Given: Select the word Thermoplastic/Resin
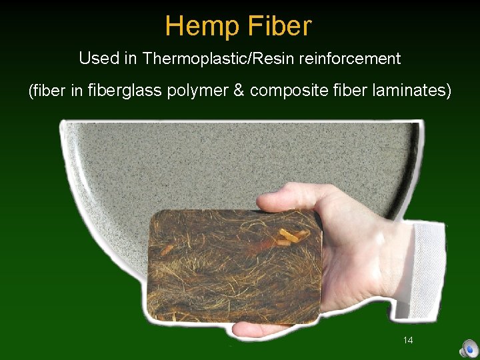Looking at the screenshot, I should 219,59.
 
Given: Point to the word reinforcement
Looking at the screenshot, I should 350,59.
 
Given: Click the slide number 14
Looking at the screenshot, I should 408,340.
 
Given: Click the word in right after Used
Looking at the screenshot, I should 130,59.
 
